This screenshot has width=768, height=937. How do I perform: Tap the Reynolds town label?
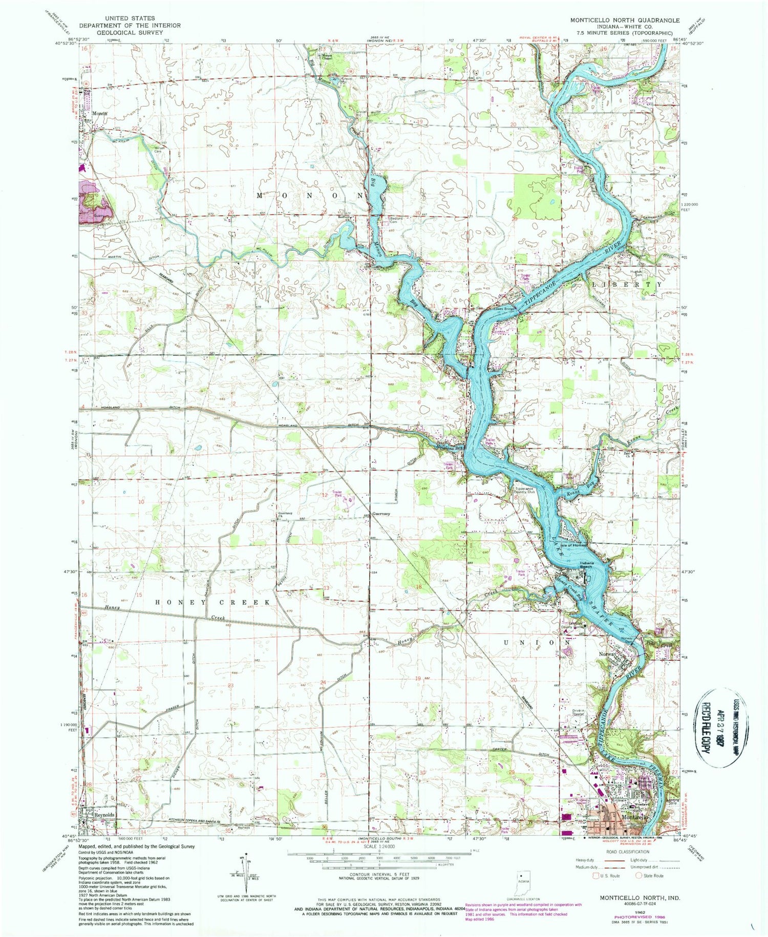(x=104, y=815)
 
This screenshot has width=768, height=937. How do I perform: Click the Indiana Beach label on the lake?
(x=586, y=565)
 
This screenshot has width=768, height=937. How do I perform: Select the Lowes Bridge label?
(x=503, y=309)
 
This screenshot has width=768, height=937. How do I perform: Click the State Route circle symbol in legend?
(x=638, y=876)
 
